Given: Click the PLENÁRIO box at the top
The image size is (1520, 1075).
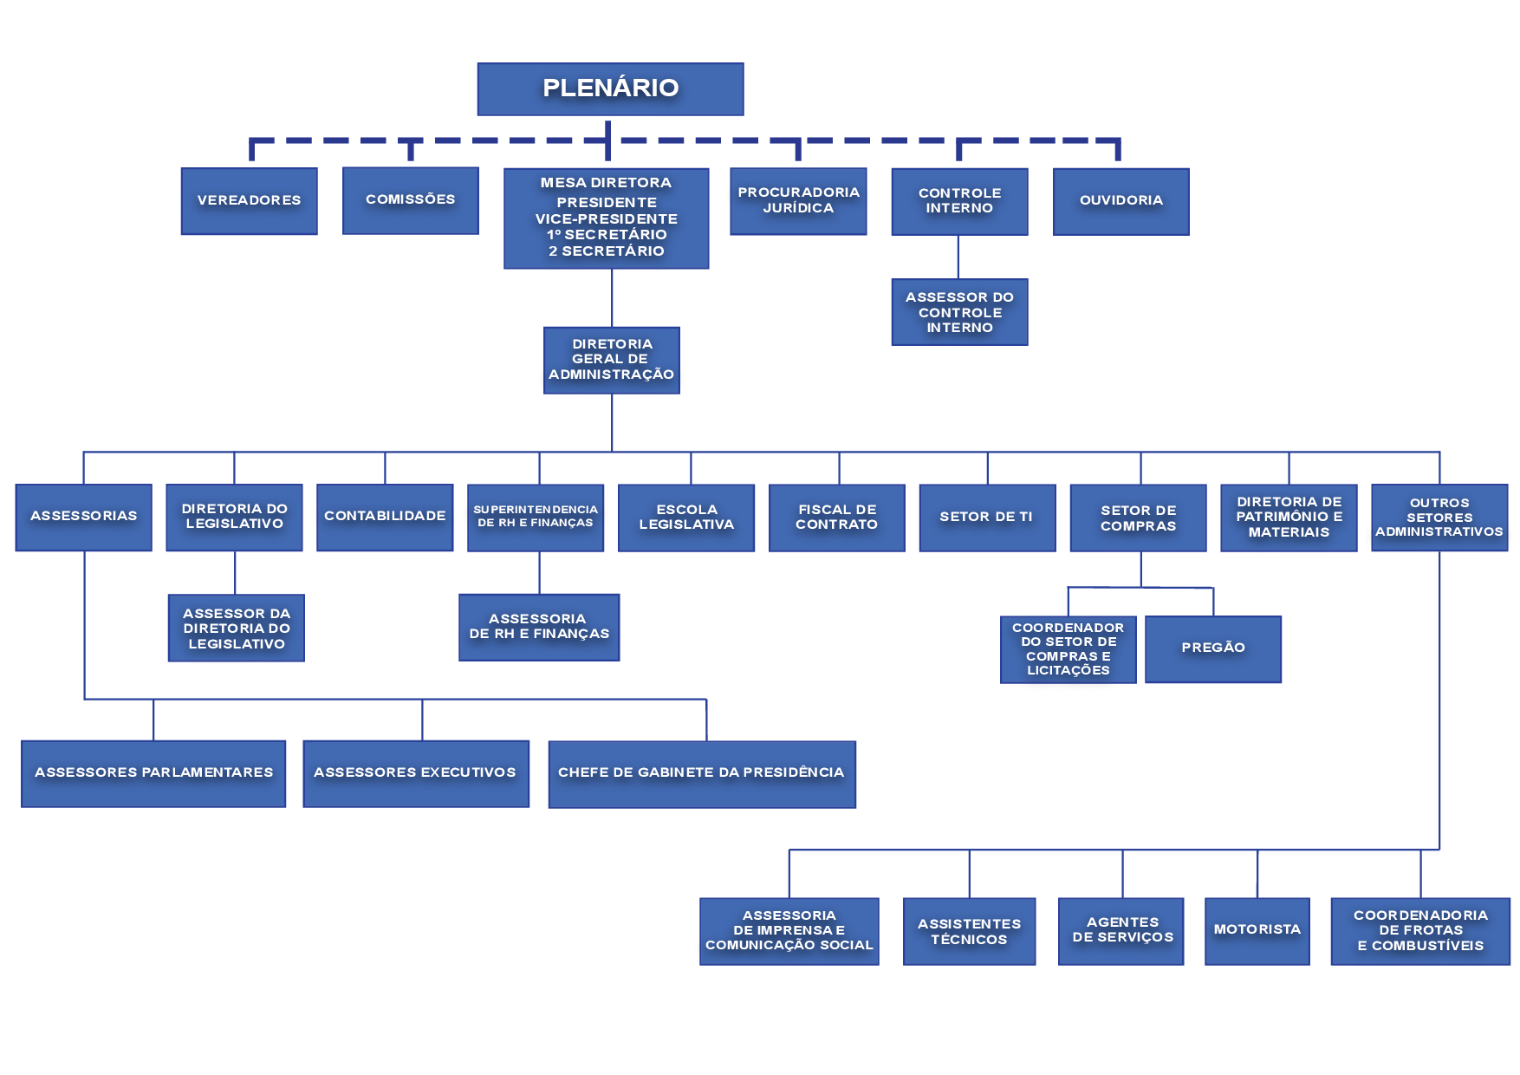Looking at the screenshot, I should click(x=610, y=88).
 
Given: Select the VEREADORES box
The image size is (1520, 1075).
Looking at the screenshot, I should click(x=249, y=200).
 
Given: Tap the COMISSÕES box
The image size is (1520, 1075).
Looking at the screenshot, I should click(x=410, y=199).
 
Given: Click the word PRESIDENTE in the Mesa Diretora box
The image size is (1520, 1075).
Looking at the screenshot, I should click(x=607, y=202).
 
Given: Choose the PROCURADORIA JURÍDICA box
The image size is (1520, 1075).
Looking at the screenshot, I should click(x=798, y=200).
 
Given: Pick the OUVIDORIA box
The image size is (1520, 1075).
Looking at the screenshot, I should click(x=1121, y=201).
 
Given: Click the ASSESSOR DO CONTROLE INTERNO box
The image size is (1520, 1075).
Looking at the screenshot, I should click(x=959, y=312).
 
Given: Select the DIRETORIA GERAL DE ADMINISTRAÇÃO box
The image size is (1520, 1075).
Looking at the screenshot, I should click(x=611, y=360).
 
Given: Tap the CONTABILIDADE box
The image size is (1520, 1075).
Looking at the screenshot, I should click(x=385, y=517).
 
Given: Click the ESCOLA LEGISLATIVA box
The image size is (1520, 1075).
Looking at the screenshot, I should click(x=686, y=518).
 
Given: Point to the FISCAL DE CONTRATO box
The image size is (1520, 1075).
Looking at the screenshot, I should click(x=836, y=518).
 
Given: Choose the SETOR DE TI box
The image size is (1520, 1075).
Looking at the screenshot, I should click(x=987, y=518).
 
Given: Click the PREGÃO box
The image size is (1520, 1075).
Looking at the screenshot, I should click(x=1212, y=648).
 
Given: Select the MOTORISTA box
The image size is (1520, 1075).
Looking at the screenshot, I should click(x=1257, y=930).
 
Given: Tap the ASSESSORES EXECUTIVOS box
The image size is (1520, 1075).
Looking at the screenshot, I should click(x=415, y=773).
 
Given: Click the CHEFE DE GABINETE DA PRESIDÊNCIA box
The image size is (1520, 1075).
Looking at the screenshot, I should click(x=701, y=773).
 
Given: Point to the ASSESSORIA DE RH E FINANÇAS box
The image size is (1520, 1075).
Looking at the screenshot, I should click(x=539, y=627).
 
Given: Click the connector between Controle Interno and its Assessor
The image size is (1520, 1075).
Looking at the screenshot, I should click(x=958, y=257).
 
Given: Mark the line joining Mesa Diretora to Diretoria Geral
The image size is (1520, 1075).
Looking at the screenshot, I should click(x=612, y=297).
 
